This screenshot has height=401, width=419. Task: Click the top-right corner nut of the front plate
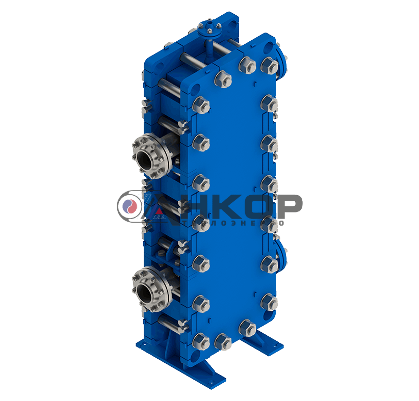tap(268, 65)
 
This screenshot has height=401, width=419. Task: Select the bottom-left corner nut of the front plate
tap(202, 339)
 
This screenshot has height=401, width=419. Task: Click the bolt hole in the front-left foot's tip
tap(215, 379)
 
